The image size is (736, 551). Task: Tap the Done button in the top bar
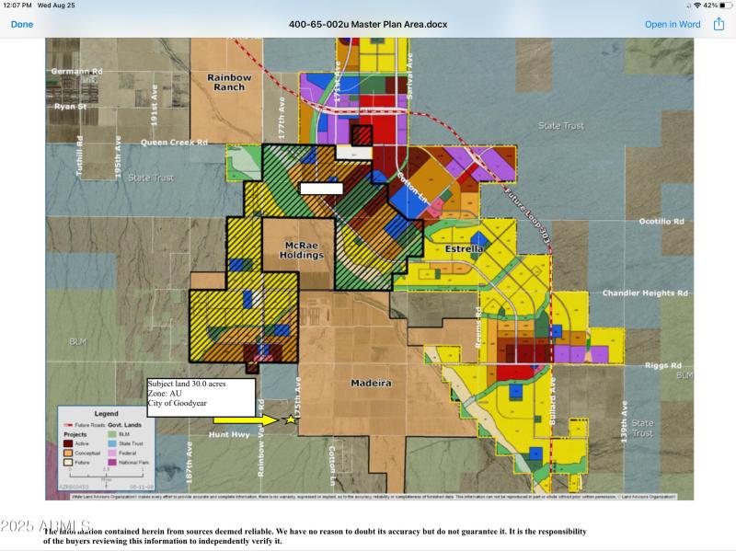point(21,24)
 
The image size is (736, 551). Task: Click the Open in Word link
point(673,24)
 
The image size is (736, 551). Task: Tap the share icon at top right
point(719,24)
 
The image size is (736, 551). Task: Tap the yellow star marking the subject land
point(292,419)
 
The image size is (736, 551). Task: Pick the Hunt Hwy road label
point(229,434)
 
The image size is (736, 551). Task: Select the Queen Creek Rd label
point(174,143)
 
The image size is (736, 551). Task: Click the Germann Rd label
point(76,71)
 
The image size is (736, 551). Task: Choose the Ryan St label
point(68,106)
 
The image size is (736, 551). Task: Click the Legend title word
point(106,414)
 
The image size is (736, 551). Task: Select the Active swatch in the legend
point(67,443)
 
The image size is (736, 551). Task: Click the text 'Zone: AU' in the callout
point(166,393)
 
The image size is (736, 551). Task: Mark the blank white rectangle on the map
point(321,188)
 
